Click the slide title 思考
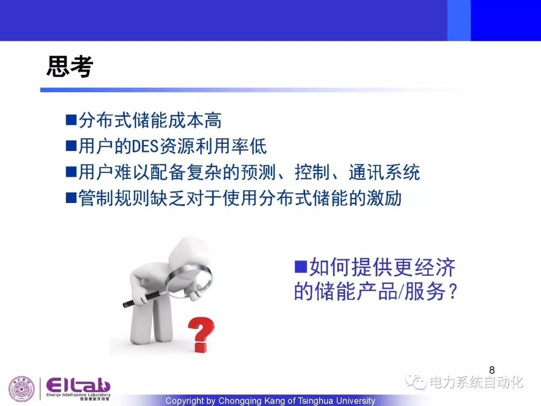(x=70, y=66)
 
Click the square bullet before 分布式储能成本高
(x=71, y=120)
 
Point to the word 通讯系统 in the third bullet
(x=384, y=172)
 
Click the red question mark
(x=201, y=334)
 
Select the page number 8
(x=492, y=370)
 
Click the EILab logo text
(x=78, y=385)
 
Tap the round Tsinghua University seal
(x=22, y=389)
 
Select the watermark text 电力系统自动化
(x=476, y=382)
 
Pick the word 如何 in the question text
(x=330, y=267)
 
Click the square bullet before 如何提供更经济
(x=301, y=267)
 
